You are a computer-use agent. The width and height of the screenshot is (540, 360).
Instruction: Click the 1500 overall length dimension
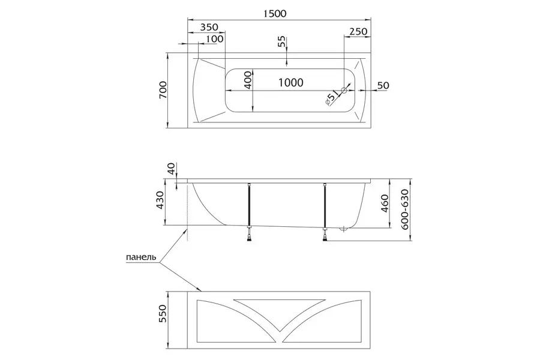point(275,13)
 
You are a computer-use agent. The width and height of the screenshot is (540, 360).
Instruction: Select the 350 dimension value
point(209,27)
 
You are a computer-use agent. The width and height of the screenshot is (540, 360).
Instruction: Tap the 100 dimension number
point(215,38)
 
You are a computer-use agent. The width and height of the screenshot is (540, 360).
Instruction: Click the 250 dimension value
point(358,31)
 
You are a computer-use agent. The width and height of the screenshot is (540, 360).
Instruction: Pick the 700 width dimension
point(163,90)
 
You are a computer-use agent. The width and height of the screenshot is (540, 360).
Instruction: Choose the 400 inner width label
point(248,80)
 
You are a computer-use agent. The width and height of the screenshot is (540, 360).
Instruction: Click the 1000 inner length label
point(291,83)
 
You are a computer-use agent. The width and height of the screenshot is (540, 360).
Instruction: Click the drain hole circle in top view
point(344,90)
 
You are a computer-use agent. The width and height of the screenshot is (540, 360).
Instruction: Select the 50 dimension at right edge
point(383,85)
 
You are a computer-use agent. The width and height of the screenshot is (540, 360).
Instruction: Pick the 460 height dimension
point(385,203)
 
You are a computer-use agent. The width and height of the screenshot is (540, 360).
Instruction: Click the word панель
point(141,257)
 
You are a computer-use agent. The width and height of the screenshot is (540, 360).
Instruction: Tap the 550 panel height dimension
point(162,313)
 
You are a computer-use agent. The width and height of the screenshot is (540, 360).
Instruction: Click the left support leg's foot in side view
point(250,238)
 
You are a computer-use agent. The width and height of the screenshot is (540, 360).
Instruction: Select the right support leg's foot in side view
point(325,238)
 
